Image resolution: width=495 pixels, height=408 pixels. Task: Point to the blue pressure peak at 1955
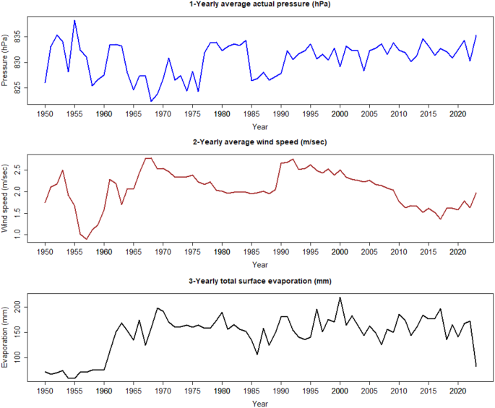[74, 20]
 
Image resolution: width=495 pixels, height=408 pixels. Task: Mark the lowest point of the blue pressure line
[151, 101]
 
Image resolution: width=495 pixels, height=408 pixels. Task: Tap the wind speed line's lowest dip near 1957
[87, 239]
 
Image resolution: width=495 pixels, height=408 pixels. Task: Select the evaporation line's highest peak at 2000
[340, 297]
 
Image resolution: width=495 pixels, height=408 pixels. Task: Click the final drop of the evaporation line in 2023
[476, 366]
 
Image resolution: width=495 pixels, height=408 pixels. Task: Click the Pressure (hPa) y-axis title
[7, 61]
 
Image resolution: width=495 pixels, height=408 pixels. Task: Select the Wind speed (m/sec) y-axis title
[7, 199]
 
